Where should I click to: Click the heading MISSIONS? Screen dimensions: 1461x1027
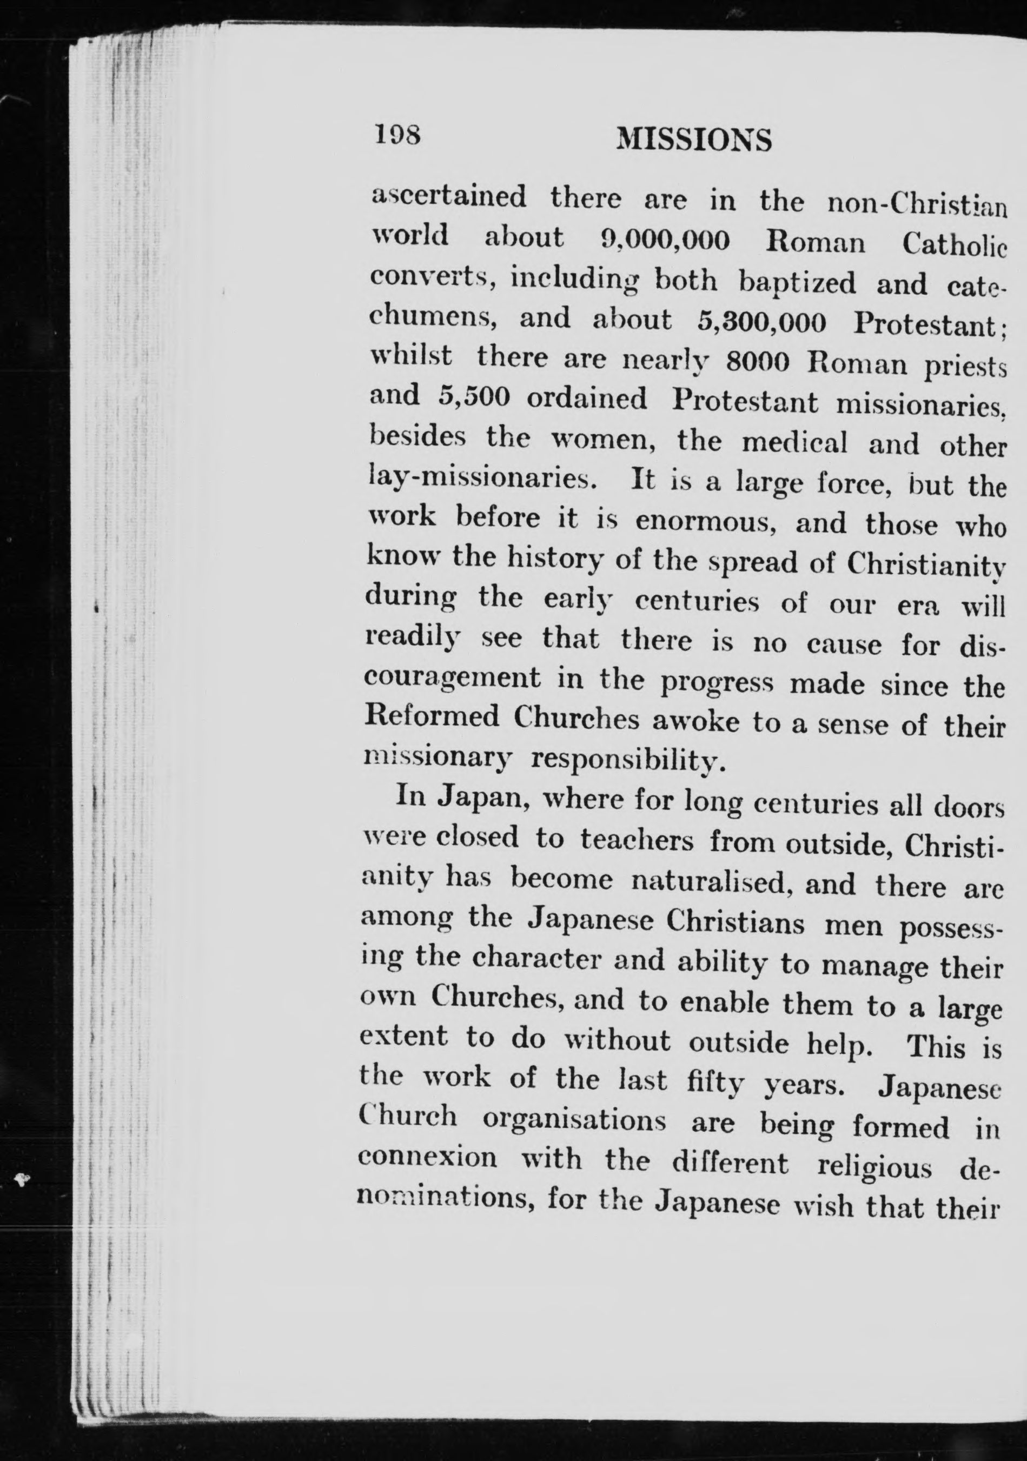click(x=694, y=140)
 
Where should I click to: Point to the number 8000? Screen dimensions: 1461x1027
click(x=757, y=362)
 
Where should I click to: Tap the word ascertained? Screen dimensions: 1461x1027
click(x=448, y=197)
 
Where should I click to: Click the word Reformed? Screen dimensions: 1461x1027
click(x=432, y=717)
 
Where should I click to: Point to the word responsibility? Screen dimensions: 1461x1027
click(x=627, y=759)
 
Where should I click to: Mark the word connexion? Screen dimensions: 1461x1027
click(x=428, y=1157)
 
